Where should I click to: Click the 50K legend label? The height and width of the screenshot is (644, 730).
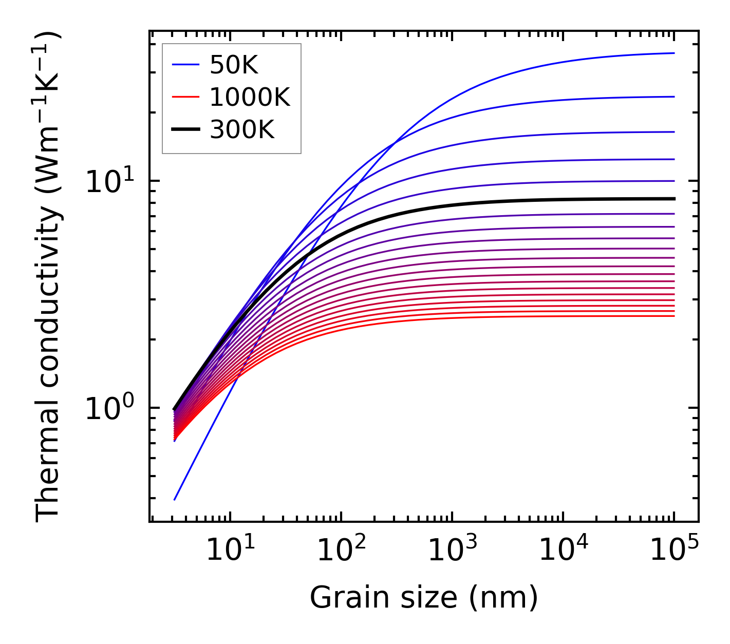234,65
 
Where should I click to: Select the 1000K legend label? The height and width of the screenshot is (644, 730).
250,97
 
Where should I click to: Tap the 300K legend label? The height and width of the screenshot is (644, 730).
242,130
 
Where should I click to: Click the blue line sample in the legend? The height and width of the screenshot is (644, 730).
185,65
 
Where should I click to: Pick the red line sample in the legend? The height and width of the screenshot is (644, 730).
185,97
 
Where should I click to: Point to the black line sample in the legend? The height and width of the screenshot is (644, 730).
185,130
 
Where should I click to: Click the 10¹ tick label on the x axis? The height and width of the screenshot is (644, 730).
230,552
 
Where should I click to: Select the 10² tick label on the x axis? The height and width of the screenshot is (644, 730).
341,552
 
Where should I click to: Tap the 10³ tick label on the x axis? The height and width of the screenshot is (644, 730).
452,552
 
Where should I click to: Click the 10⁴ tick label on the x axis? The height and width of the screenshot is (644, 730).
563,552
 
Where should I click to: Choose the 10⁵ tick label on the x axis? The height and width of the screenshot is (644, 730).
674,552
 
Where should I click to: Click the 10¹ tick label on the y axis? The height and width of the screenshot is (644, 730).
109,181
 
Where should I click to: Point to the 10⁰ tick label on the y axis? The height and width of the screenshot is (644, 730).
109,409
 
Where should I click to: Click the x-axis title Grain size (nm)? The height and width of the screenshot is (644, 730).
424,598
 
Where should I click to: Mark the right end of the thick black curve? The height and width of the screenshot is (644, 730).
673,199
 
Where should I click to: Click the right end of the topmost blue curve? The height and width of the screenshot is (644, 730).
673,53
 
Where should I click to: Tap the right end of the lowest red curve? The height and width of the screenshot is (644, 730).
673,316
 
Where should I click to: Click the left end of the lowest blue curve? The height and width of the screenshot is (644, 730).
175,499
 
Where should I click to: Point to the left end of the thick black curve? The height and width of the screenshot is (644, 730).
175,409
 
